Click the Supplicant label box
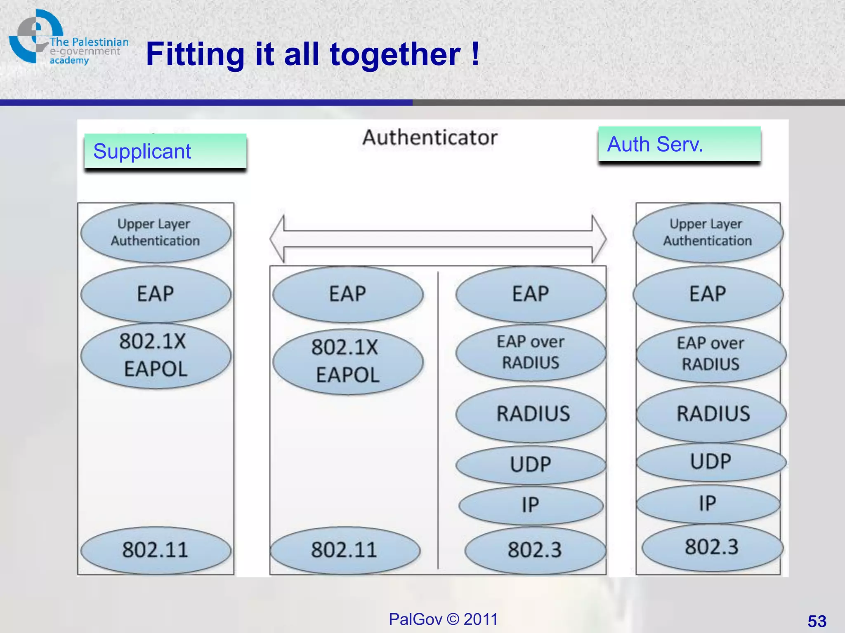point(165,151)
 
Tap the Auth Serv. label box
point(679,144)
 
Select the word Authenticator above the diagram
point(430,138)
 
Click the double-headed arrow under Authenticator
point(438,239)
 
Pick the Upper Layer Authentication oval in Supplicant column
point(156,233)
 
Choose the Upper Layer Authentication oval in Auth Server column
point(708,233)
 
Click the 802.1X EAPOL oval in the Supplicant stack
point(156,356)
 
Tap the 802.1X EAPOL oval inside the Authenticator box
point(347,361)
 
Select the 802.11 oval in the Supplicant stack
point(156,550)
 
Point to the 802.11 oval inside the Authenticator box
point(345,550)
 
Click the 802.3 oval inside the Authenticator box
point(535,550)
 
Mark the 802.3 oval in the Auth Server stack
point(712,547)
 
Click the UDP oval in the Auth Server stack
point(711,462)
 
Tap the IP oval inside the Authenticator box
point(531,505)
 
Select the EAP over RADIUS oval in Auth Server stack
point(711,354)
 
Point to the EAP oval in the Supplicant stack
point(156,294)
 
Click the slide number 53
point(817,621)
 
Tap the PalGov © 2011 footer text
point(443,619)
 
